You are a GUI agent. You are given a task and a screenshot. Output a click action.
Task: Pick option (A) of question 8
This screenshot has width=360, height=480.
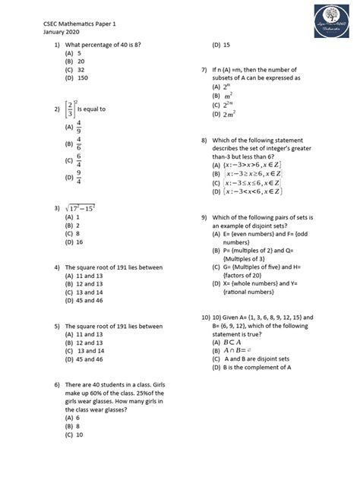pos(251,165)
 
